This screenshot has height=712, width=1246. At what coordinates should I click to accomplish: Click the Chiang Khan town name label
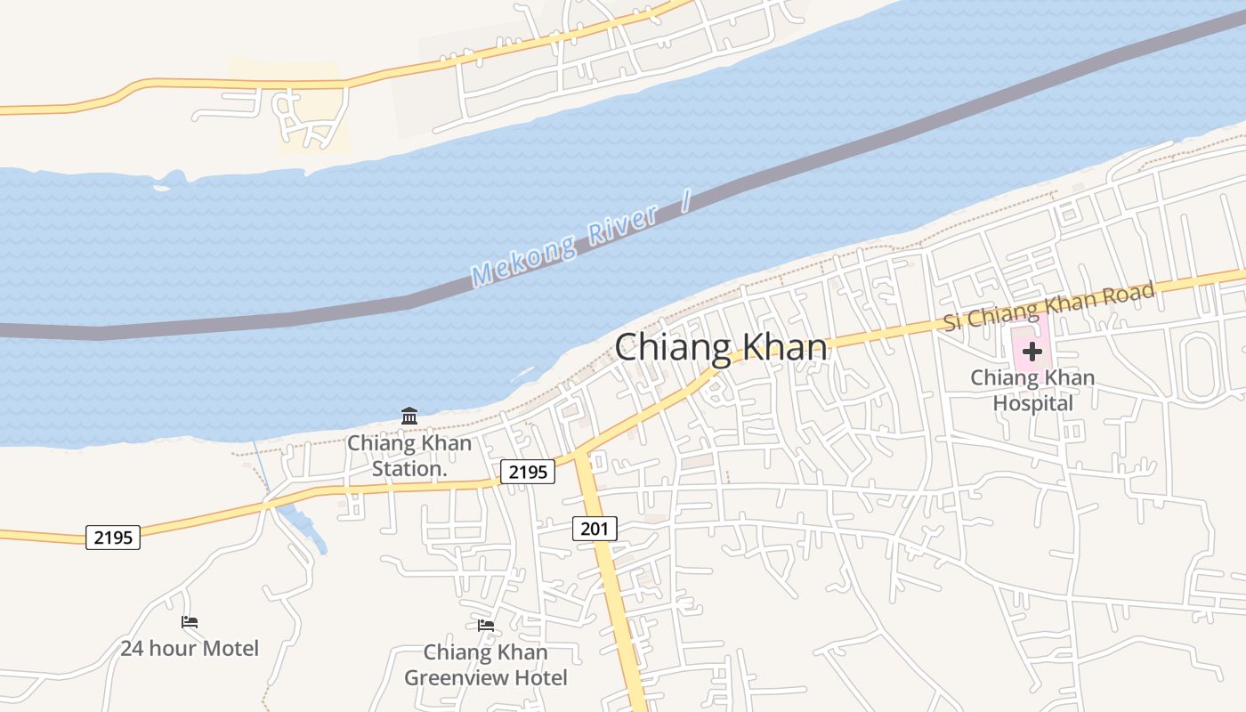point(721,346)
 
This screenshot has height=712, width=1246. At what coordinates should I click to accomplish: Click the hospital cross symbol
point(1032,351)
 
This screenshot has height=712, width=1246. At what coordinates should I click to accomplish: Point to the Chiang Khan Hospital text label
point(1032,390)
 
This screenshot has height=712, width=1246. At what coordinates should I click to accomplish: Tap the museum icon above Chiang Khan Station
point(409,416)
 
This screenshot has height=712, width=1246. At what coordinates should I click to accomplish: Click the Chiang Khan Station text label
point(409,455)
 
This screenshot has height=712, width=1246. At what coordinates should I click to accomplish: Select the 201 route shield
point(594,529)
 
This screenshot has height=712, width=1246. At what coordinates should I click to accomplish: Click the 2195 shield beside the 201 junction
point(528,472)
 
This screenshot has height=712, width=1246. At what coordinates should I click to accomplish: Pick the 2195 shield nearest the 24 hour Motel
point(113,537)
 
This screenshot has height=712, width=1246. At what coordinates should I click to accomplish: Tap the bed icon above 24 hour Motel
point(190,622)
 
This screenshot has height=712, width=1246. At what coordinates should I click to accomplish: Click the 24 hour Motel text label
point(190,648)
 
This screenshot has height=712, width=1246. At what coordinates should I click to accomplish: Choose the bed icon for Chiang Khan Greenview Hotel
point(486,626)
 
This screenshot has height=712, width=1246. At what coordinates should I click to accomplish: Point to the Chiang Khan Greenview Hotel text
point(486,665)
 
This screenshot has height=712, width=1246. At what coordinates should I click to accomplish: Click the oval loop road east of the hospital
point(1196,367)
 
